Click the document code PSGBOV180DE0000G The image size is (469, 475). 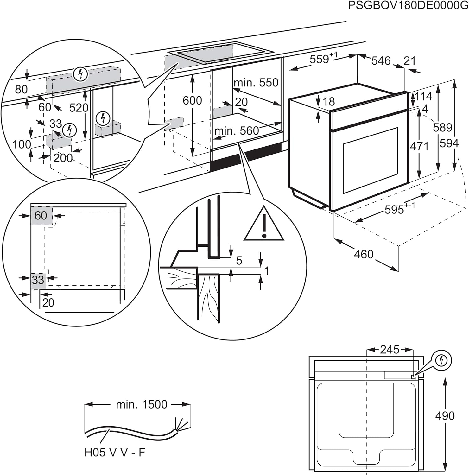(408, 6)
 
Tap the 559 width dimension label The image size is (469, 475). (320, 59)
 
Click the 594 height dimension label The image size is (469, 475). (449, 143)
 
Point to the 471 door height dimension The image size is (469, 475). (419, 146)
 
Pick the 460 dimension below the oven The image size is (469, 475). (364, 254)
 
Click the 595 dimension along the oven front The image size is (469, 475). (395, 209)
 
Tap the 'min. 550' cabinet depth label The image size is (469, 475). (256, 83)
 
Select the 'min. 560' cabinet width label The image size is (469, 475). (237, 130)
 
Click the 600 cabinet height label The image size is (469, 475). (192, 100)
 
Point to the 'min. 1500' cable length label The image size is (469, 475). (142, 404)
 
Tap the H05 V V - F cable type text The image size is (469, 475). (115, 452)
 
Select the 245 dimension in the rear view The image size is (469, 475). (390, 350)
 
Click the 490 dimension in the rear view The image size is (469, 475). (445, 415)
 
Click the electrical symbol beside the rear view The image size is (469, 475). (441, 360)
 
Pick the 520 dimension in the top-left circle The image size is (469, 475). (79, 108)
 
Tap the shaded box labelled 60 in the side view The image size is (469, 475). (41, 216)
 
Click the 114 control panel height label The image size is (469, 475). (423, 96)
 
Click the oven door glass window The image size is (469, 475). (370, 160)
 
